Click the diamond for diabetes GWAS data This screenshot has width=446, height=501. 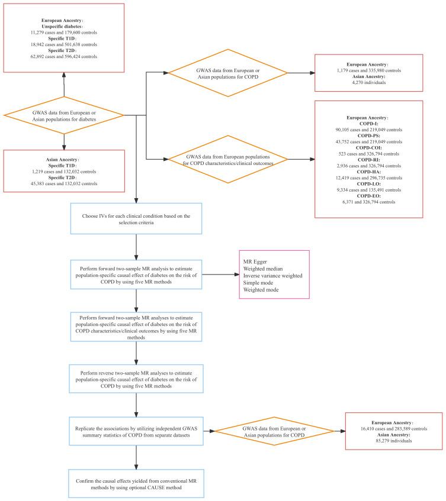[x=63, y=115]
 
